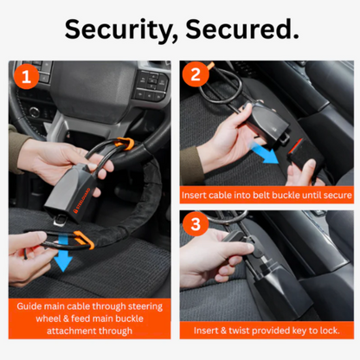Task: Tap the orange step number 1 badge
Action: pyautogui.click(x=28, y=79)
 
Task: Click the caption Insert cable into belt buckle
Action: pyautogui.click(x=267, y=196)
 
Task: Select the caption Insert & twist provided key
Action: pyautogui.click(x=267, y=331)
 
